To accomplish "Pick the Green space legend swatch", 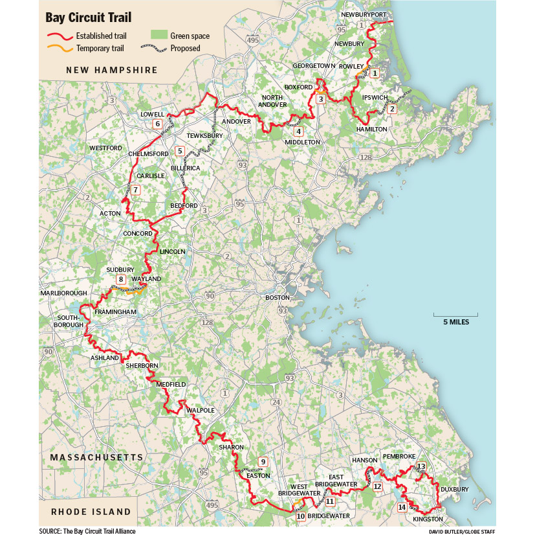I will tap(158, 36).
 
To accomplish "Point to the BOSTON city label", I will tap(275, 297).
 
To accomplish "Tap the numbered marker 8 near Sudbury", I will tap(120, 280).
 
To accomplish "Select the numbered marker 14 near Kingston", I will tap(402, 507).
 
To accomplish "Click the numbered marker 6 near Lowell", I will tap(157, 124).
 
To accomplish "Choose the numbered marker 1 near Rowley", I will tap(375, 73).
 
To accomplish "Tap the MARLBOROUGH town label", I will tap(63, 293).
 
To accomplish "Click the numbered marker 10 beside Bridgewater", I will tap(300, 516).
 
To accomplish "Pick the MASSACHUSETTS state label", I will tap(96, 457).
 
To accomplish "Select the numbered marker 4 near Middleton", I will tap(298, 131).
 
